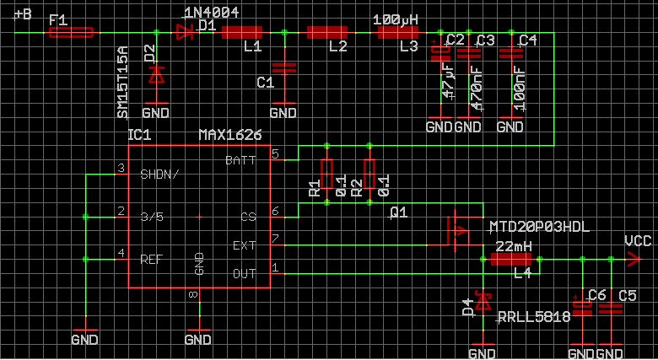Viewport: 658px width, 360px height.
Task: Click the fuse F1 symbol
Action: (72, 34)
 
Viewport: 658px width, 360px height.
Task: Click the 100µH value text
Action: (396, 19)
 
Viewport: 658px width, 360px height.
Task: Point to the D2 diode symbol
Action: (156, 75)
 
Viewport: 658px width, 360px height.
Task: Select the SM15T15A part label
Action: (122, 83)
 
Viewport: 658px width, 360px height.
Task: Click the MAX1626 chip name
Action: (229, 135)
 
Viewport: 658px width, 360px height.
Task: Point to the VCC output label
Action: (636, 241)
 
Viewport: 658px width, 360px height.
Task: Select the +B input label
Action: (24, 15)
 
